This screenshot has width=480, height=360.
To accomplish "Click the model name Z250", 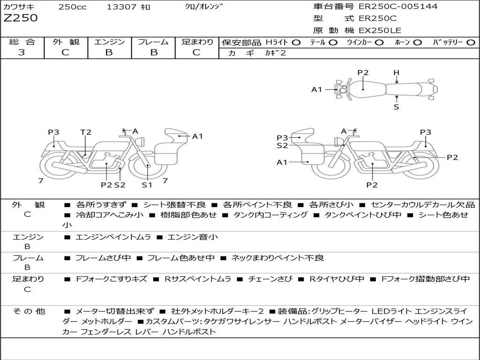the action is click(x=21, y=18).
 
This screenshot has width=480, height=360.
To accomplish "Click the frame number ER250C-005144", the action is click(x=398, y=6).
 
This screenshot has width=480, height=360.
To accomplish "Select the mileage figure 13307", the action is click(x=121, y=7).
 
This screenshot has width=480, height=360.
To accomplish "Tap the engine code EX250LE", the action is click(x=380, y=30).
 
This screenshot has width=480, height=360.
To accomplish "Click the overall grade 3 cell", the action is click(x=22, y=52).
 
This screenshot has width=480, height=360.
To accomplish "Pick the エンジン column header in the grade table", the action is click(x=109, y=42).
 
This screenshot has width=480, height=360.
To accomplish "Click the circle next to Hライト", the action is click(x=296, y=43).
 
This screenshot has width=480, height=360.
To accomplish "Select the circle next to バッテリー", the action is click(x=471, y=43).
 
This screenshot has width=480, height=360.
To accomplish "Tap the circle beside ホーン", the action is click(x=417, y=43).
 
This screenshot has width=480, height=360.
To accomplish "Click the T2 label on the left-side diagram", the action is click(x=86, y=132).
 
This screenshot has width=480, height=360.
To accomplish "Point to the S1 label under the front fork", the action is click(x=147, y=185).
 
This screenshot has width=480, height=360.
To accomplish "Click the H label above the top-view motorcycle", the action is click(x=397, y=73).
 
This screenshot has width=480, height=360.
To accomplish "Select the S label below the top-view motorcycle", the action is click(x=397, y=107).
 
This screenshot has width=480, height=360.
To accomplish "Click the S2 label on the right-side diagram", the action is click(x=282, y=146).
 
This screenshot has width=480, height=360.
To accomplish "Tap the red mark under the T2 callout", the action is click(x=84, y=156).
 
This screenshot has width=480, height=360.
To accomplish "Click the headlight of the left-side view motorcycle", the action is click(x=141, y=142).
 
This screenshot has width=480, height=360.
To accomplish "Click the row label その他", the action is click(x=29, y=311).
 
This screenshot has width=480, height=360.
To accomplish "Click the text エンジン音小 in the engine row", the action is click(x=193, y=237).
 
